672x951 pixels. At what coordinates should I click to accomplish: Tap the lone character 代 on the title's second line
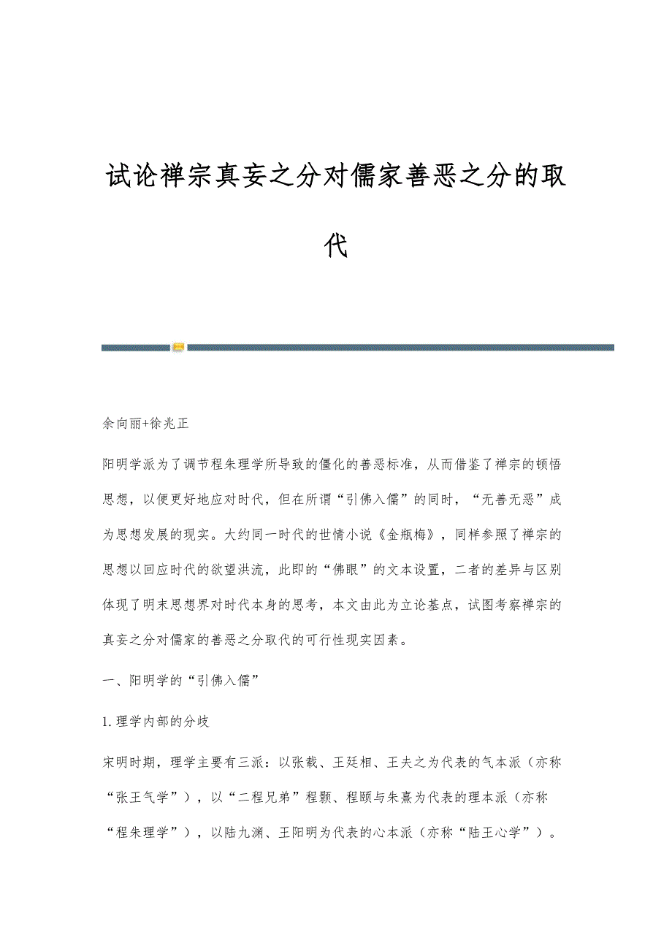coord(336,246)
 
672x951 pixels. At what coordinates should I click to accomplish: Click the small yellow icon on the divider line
coord(178,347)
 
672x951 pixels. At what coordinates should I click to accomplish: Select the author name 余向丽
coord(118,423)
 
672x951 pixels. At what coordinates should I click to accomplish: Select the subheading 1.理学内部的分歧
coord(157,722)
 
